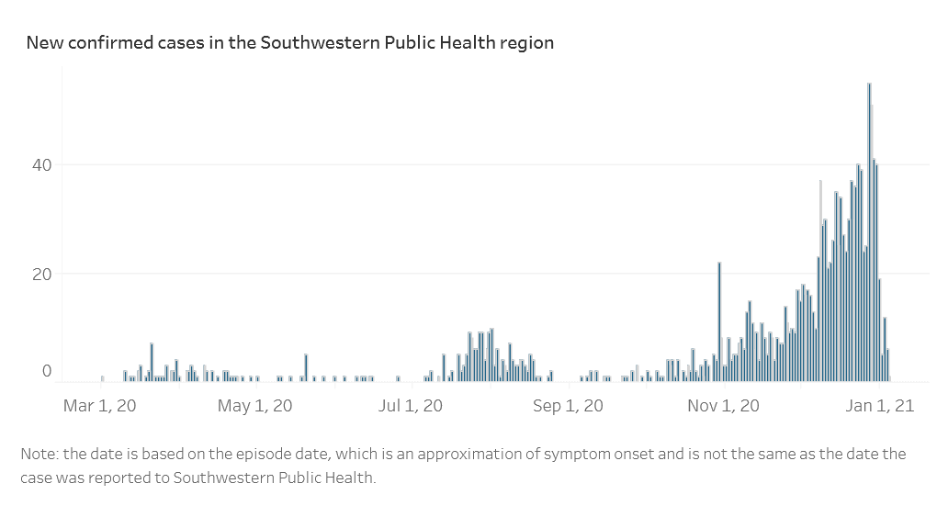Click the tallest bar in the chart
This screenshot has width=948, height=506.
[869, 230]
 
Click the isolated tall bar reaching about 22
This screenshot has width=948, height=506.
[719, 321]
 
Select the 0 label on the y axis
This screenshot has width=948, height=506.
[46, 371]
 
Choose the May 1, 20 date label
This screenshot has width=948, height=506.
[256, 405]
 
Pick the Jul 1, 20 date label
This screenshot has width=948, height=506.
[412, 405]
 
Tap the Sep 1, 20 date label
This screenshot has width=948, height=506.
[568, 405]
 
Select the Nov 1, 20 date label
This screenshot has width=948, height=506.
[725, 405]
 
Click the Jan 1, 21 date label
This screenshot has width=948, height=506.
[879, 405]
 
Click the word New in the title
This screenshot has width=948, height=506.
[42, 43]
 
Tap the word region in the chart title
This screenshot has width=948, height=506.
[527, 43]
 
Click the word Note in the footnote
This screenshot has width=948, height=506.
[37, 455]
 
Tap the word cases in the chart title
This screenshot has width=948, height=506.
[171, 43]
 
